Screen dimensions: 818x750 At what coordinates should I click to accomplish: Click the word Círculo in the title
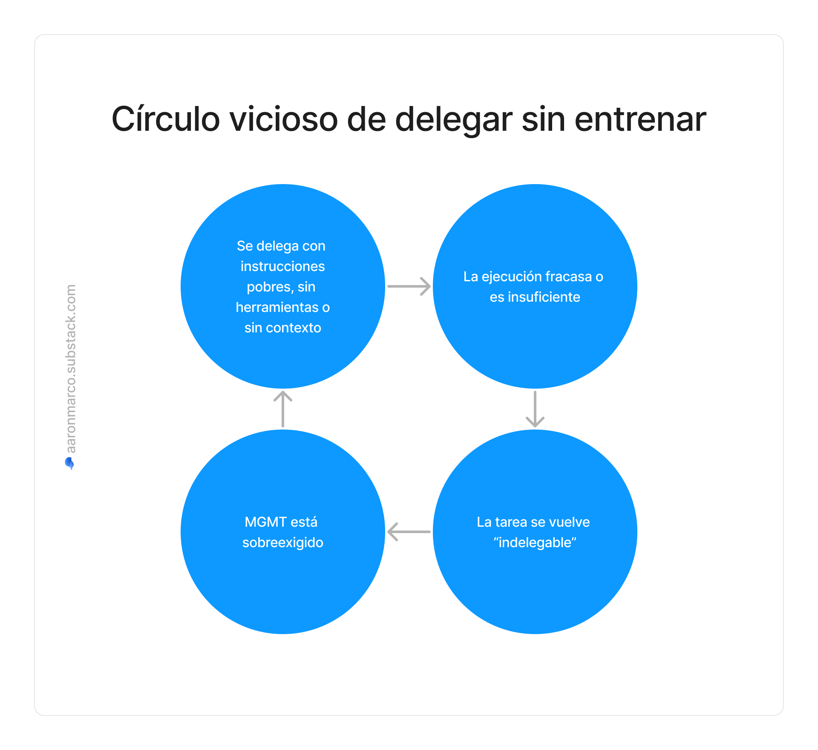coord(166,119)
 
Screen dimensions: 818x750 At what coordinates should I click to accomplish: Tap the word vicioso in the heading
coord(284,119)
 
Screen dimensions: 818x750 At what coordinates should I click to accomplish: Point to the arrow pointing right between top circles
coord(409,286)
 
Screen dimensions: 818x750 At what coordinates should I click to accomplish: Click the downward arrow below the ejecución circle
coord(535,409)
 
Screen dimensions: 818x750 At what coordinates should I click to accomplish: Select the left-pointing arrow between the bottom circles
coord(409,532)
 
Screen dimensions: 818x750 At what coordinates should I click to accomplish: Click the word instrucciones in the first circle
coord(283,266)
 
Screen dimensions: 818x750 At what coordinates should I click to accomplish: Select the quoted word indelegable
coord(535,542)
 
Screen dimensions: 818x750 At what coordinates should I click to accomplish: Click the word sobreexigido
coord(283,542)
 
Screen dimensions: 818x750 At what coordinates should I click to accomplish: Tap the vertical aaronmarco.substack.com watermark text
coord(71,369)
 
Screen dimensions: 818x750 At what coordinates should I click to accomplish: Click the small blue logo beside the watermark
coord(69,463)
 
